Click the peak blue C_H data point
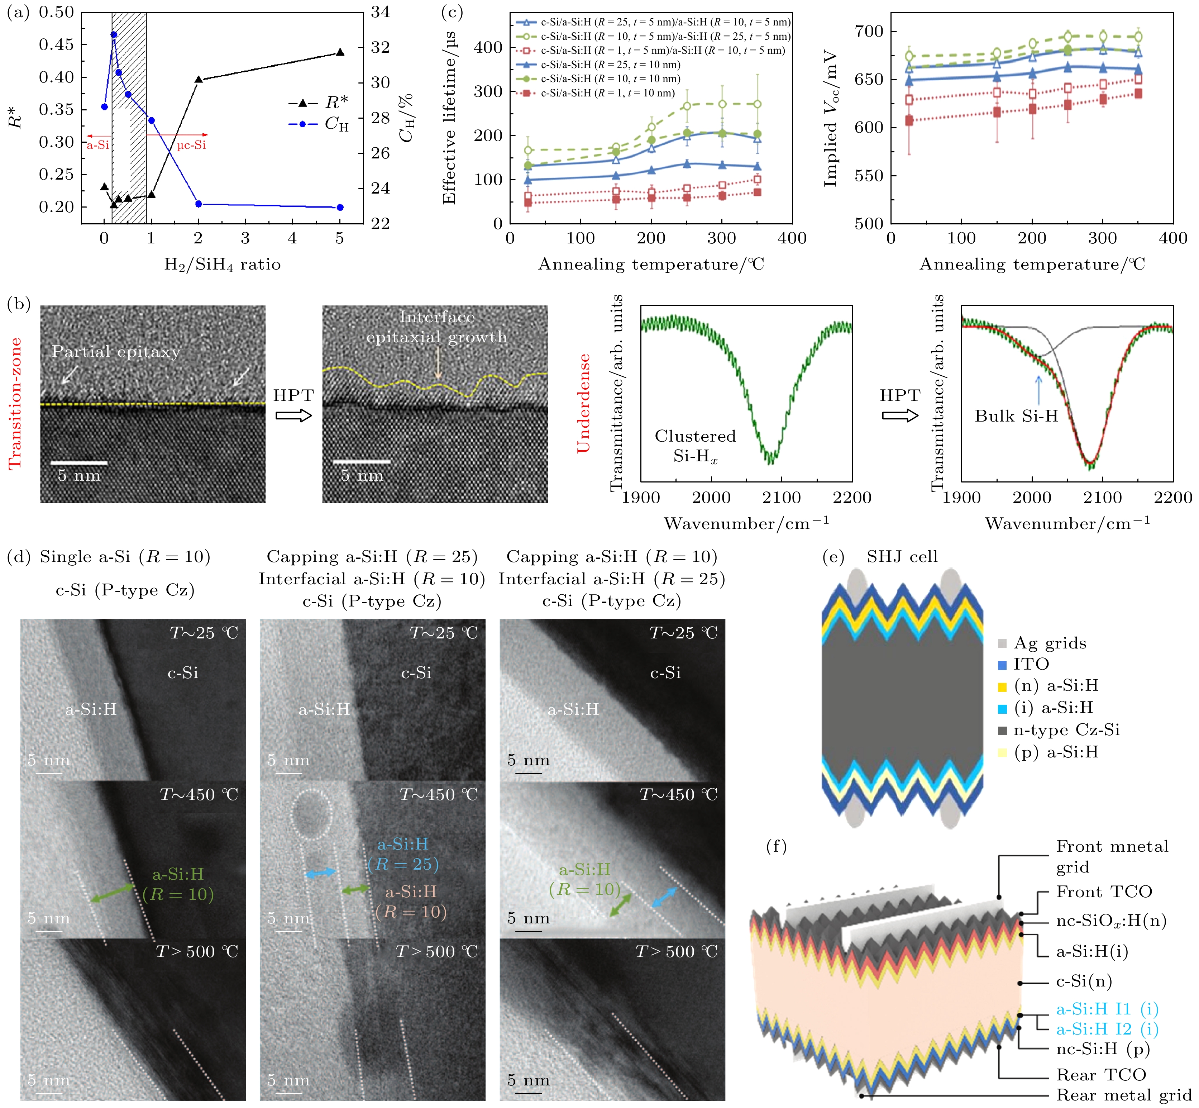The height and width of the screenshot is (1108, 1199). point(114,35)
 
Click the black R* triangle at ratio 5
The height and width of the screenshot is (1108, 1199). point(340,53)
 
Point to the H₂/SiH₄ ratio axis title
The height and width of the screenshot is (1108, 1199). point(223,265)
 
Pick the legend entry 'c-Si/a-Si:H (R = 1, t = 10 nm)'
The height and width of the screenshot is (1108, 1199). point(607,93)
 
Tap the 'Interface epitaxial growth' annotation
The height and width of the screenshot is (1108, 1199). point(436,327)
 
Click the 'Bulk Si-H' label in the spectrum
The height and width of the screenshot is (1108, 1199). point(1016,416)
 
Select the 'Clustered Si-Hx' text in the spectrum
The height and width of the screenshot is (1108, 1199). point(695,446)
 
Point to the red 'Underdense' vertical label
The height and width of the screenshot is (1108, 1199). point(583,403)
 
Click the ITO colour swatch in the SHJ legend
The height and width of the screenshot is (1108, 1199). point(1002,664)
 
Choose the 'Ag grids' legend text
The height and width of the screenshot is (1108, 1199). point(1050,643)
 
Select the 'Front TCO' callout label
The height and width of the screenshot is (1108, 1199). point(1104,891)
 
